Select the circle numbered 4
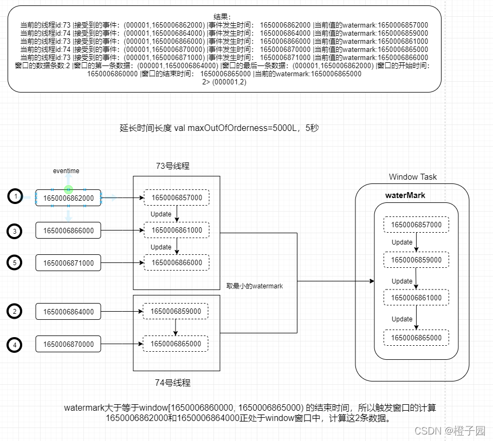coord(15,344)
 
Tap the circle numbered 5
coord(15,262)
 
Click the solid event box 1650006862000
coord(68,198)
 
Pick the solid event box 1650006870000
coord(68,344)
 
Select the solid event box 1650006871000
coord(68,263)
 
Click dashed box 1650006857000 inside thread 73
coord(177,198)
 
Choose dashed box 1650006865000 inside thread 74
coord(176,344)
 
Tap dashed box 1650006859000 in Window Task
coord(416,260)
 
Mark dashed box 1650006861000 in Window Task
coord(416,298)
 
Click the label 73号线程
coord(172,166)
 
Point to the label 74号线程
coord(172,383)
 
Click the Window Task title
coord(412,177)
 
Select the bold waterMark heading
coord(405,195)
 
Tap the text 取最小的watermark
coord(255,286)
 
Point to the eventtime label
coord(66,171)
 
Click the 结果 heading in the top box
coord(222,17)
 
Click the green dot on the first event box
coord(68,189)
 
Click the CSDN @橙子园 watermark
coord(450,431)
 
